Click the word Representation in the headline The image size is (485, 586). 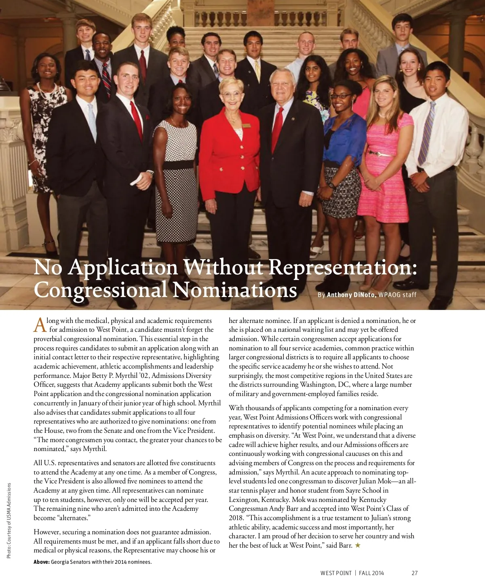[342, 268]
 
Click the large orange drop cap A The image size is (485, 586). [40, 325]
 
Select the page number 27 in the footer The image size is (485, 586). [415, 573]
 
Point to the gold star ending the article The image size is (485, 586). [357, 546]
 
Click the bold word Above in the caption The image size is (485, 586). [41, 562]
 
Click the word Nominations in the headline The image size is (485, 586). [234, 290]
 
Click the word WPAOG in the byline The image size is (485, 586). [389, 295]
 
